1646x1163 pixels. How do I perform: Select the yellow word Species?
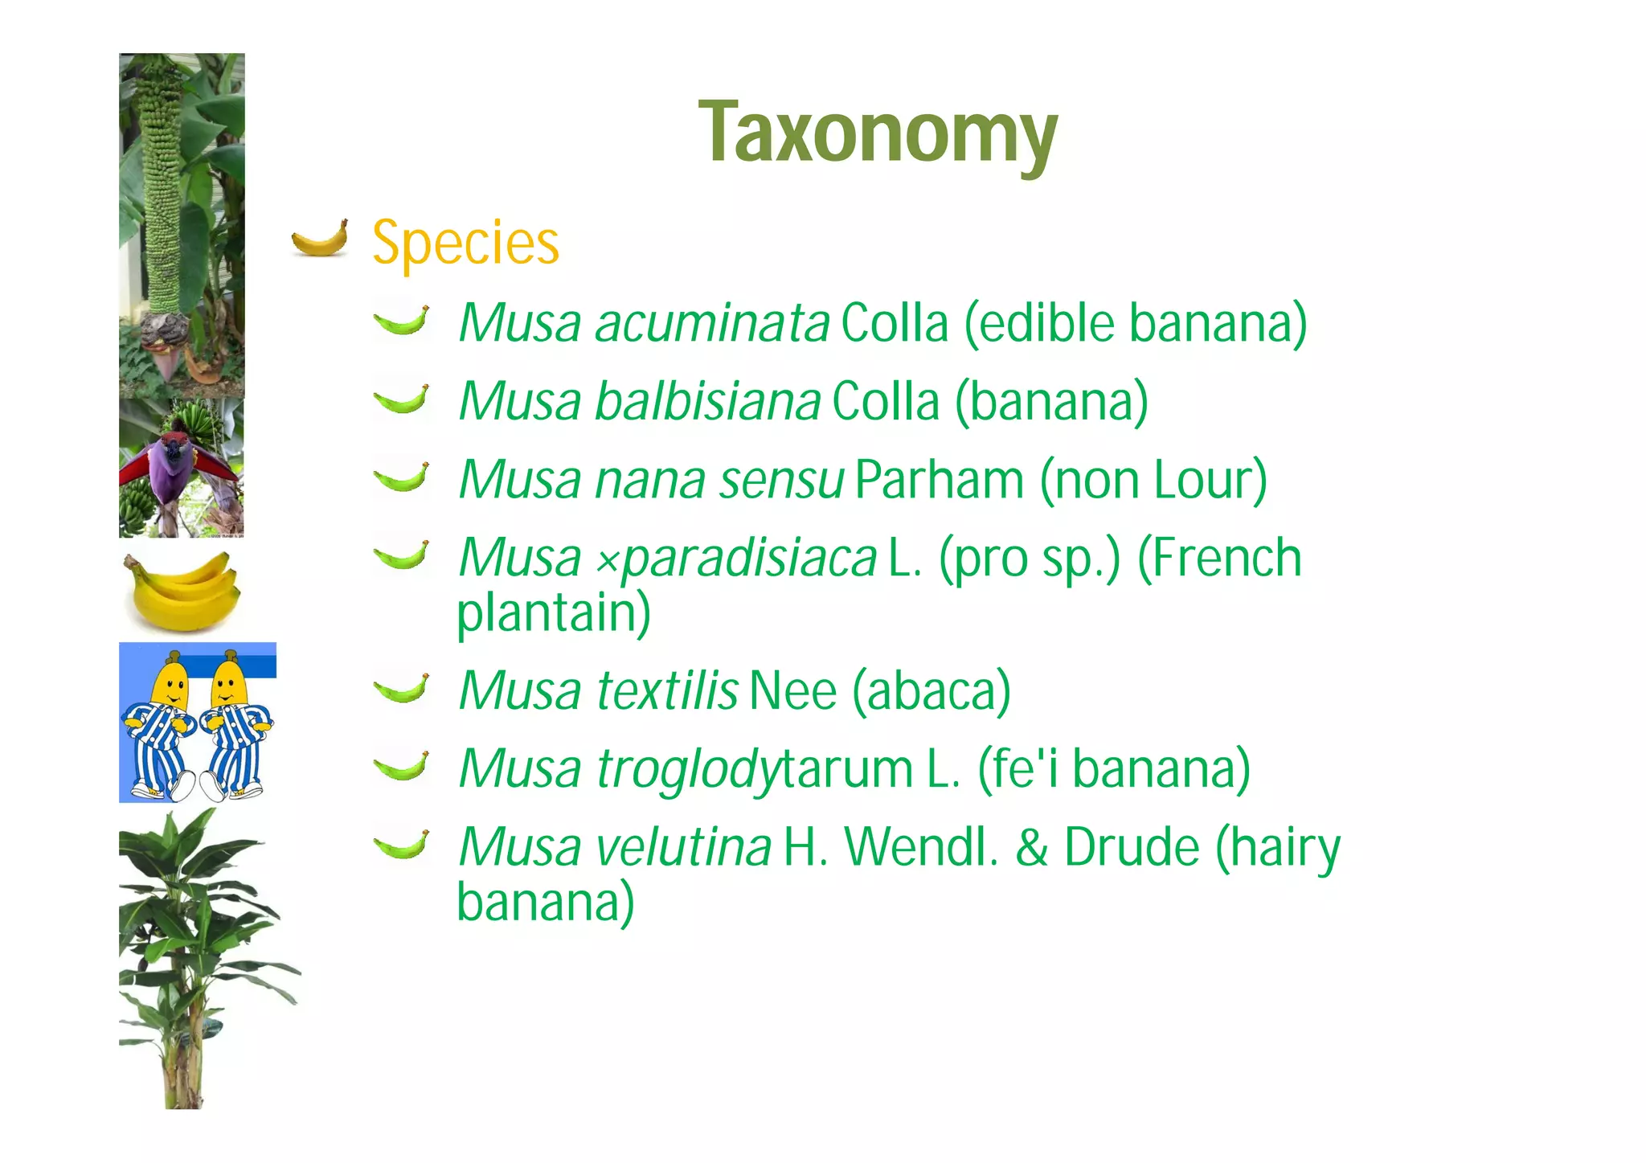click(x=465, y=243)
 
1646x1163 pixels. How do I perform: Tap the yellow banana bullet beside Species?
click(x=320, y=238)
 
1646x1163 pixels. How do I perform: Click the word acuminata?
click(x=712, y=323)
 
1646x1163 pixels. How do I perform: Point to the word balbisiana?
click(x=707, y=401)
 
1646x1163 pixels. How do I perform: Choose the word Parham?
click(x=940, y=480)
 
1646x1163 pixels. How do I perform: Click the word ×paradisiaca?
click(x=736, y=559)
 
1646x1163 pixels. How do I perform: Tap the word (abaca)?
click(x=931, y=691)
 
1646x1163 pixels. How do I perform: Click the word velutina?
click(x=684, y=847)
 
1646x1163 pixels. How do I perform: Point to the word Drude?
click(x=1132, y=847)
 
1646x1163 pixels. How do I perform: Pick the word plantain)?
click(x=554, y=614)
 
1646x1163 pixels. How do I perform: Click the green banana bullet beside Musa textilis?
click(x=401, y=689)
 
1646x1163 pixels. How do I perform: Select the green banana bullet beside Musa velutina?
click(x=401, y=845)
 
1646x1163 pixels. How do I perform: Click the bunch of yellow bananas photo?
click(x=182, y=590)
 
